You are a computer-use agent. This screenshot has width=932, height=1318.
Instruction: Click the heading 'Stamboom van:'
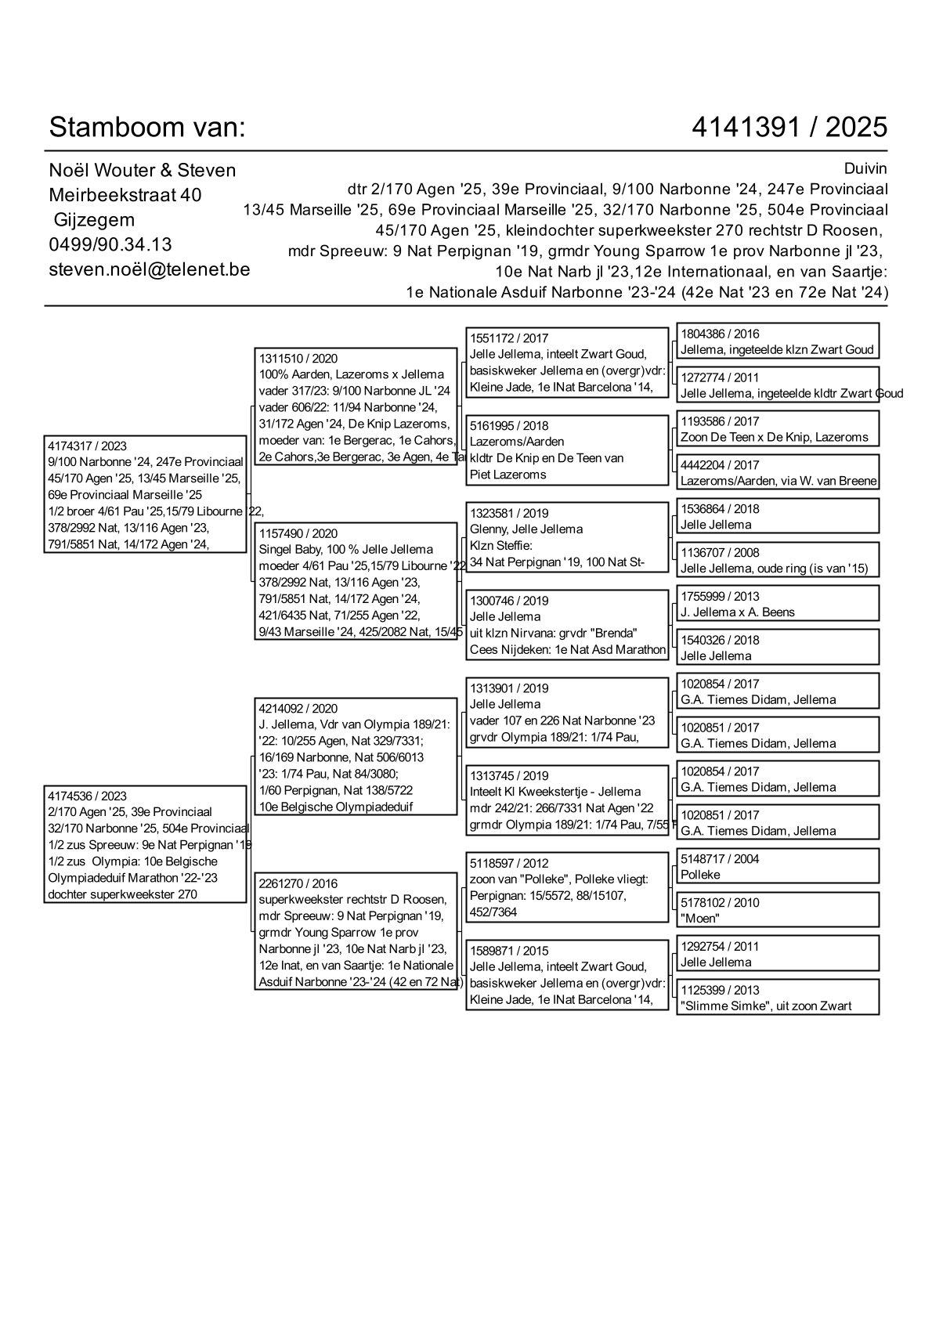tap(147, 127)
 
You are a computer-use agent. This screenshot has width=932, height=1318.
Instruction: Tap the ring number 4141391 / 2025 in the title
tap(789, 127)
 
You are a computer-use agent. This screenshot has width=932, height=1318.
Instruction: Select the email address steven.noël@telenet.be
tap(150, 269)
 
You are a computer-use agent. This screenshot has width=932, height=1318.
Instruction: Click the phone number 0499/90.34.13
tap(110, 244)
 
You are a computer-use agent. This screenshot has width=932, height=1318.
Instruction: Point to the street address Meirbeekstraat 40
tap(125, 195)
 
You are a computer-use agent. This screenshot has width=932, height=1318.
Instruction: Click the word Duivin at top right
tap(865, 169)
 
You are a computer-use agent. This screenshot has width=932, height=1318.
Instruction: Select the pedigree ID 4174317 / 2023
tap(87, 446)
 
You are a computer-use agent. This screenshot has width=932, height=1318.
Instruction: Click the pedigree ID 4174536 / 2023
tap(87, 796)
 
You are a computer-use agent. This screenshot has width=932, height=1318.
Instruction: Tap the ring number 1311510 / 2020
tap(298, 359)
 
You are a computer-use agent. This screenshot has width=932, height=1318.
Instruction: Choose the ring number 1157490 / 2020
tap(298, 534)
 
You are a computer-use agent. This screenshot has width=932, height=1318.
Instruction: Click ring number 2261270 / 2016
tap(298, 884)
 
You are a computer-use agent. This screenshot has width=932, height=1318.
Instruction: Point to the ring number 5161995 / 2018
tap(509, 426)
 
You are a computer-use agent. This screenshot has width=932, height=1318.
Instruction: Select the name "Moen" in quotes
tap(700, 919)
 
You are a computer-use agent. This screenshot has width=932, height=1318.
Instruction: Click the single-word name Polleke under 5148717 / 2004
tap(700, 875)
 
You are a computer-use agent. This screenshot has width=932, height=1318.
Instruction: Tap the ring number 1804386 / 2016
tap(720, 334)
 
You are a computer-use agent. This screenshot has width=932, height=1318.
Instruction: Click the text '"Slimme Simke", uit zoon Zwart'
tap(766, 1006)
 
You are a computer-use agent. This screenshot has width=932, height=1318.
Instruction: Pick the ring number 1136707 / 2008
tap(720, 553)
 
